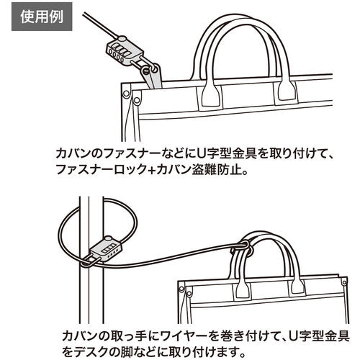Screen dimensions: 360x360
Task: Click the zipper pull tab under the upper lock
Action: click(153, 77)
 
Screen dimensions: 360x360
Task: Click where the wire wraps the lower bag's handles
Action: click(242, 248)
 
